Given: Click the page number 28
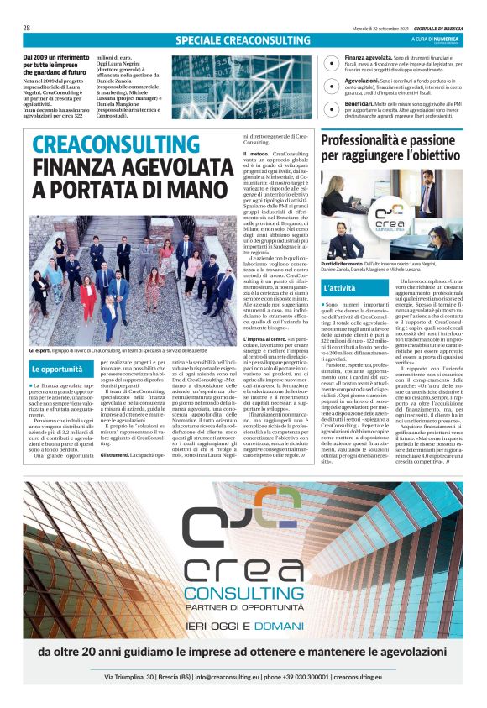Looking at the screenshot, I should coord(27,28).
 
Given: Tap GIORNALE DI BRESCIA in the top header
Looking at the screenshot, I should coord(433,29).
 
